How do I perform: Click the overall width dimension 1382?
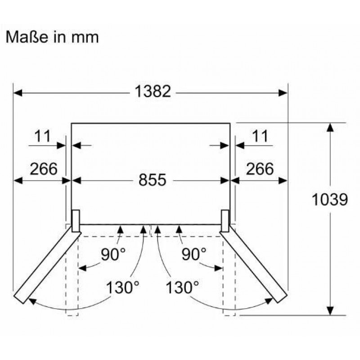(153, 91)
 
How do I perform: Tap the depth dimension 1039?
(330, 199)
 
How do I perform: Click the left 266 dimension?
(44, 169)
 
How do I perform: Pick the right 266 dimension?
(260, 169)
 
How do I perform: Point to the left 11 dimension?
(43, 136)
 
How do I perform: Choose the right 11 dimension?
(260, 136)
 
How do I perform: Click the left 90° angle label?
(113, 254)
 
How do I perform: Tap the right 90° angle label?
(194, 254)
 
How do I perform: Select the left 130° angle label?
(123, 288)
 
